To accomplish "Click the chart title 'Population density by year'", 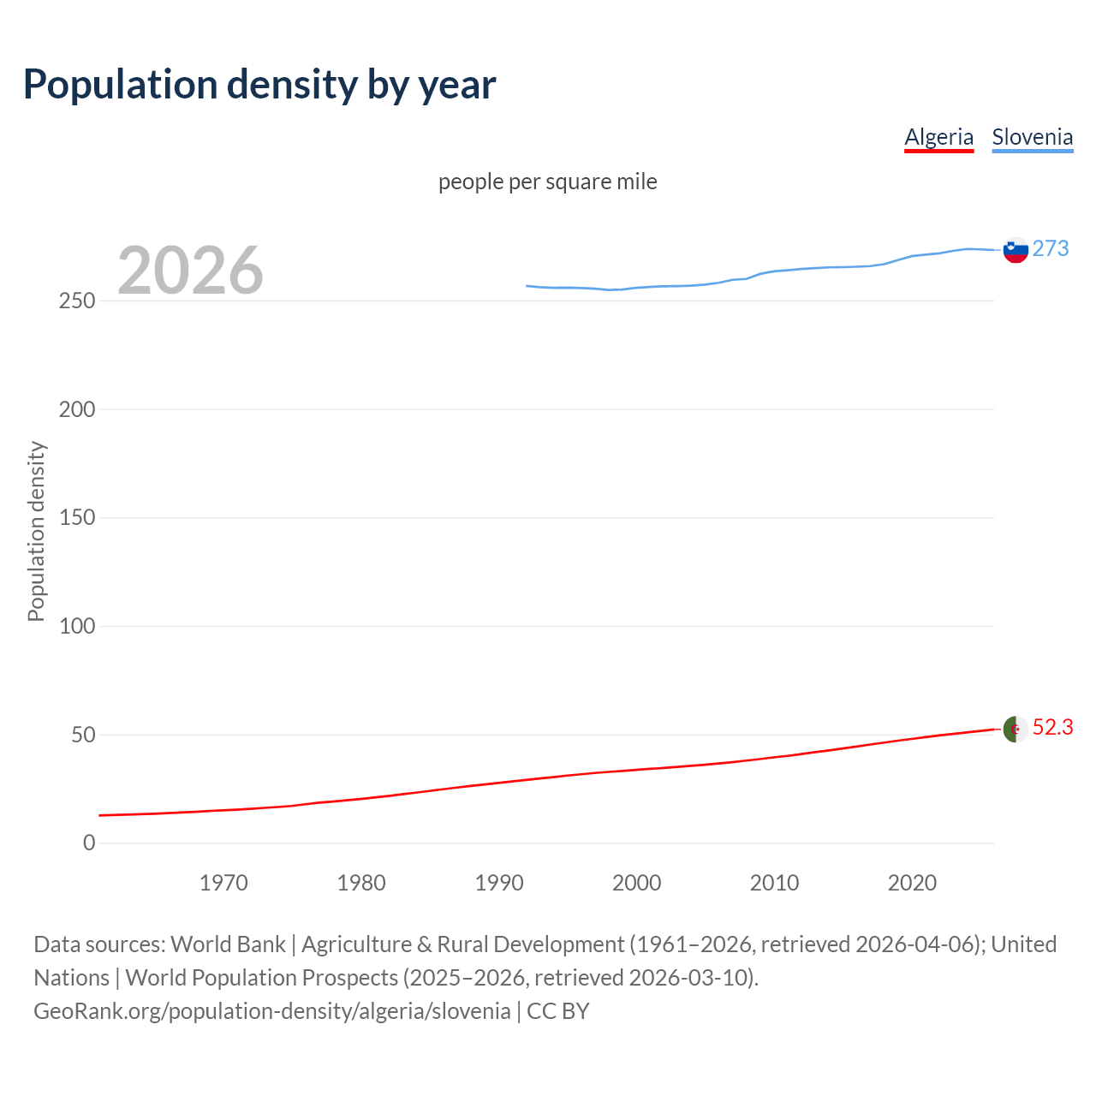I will click(x=259, y=84).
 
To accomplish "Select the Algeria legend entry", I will click(x=938, y=137).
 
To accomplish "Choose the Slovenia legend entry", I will click(x=1032, y=137).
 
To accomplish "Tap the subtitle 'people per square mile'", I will click(x=547, y=182).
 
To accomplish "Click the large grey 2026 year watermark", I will click(x=190, y=271).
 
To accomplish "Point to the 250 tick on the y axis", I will click(x=77, y=301).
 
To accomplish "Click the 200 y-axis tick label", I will click(x=77, y=409).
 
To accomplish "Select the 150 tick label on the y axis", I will click(x=77, y=518).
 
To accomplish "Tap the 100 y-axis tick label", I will click(x=77, y=626).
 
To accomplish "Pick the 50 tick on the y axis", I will click(x=82, y=735).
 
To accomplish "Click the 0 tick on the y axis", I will click(x=89, y=843).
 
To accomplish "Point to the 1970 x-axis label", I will click(x=223, y=883).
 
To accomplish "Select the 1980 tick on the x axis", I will click(x=361, y=883).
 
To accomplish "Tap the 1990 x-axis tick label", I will click(x=499, y=883).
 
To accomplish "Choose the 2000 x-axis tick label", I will click(x=636, y=883).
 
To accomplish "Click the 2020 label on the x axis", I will click(x=912, y=883).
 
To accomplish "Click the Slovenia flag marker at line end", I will click(x=1016, y=250).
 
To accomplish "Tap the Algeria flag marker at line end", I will click(x=1016, y=730).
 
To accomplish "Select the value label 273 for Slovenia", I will click(x=1051, y=248).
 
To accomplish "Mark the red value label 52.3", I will click(x=1052, y=727).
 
